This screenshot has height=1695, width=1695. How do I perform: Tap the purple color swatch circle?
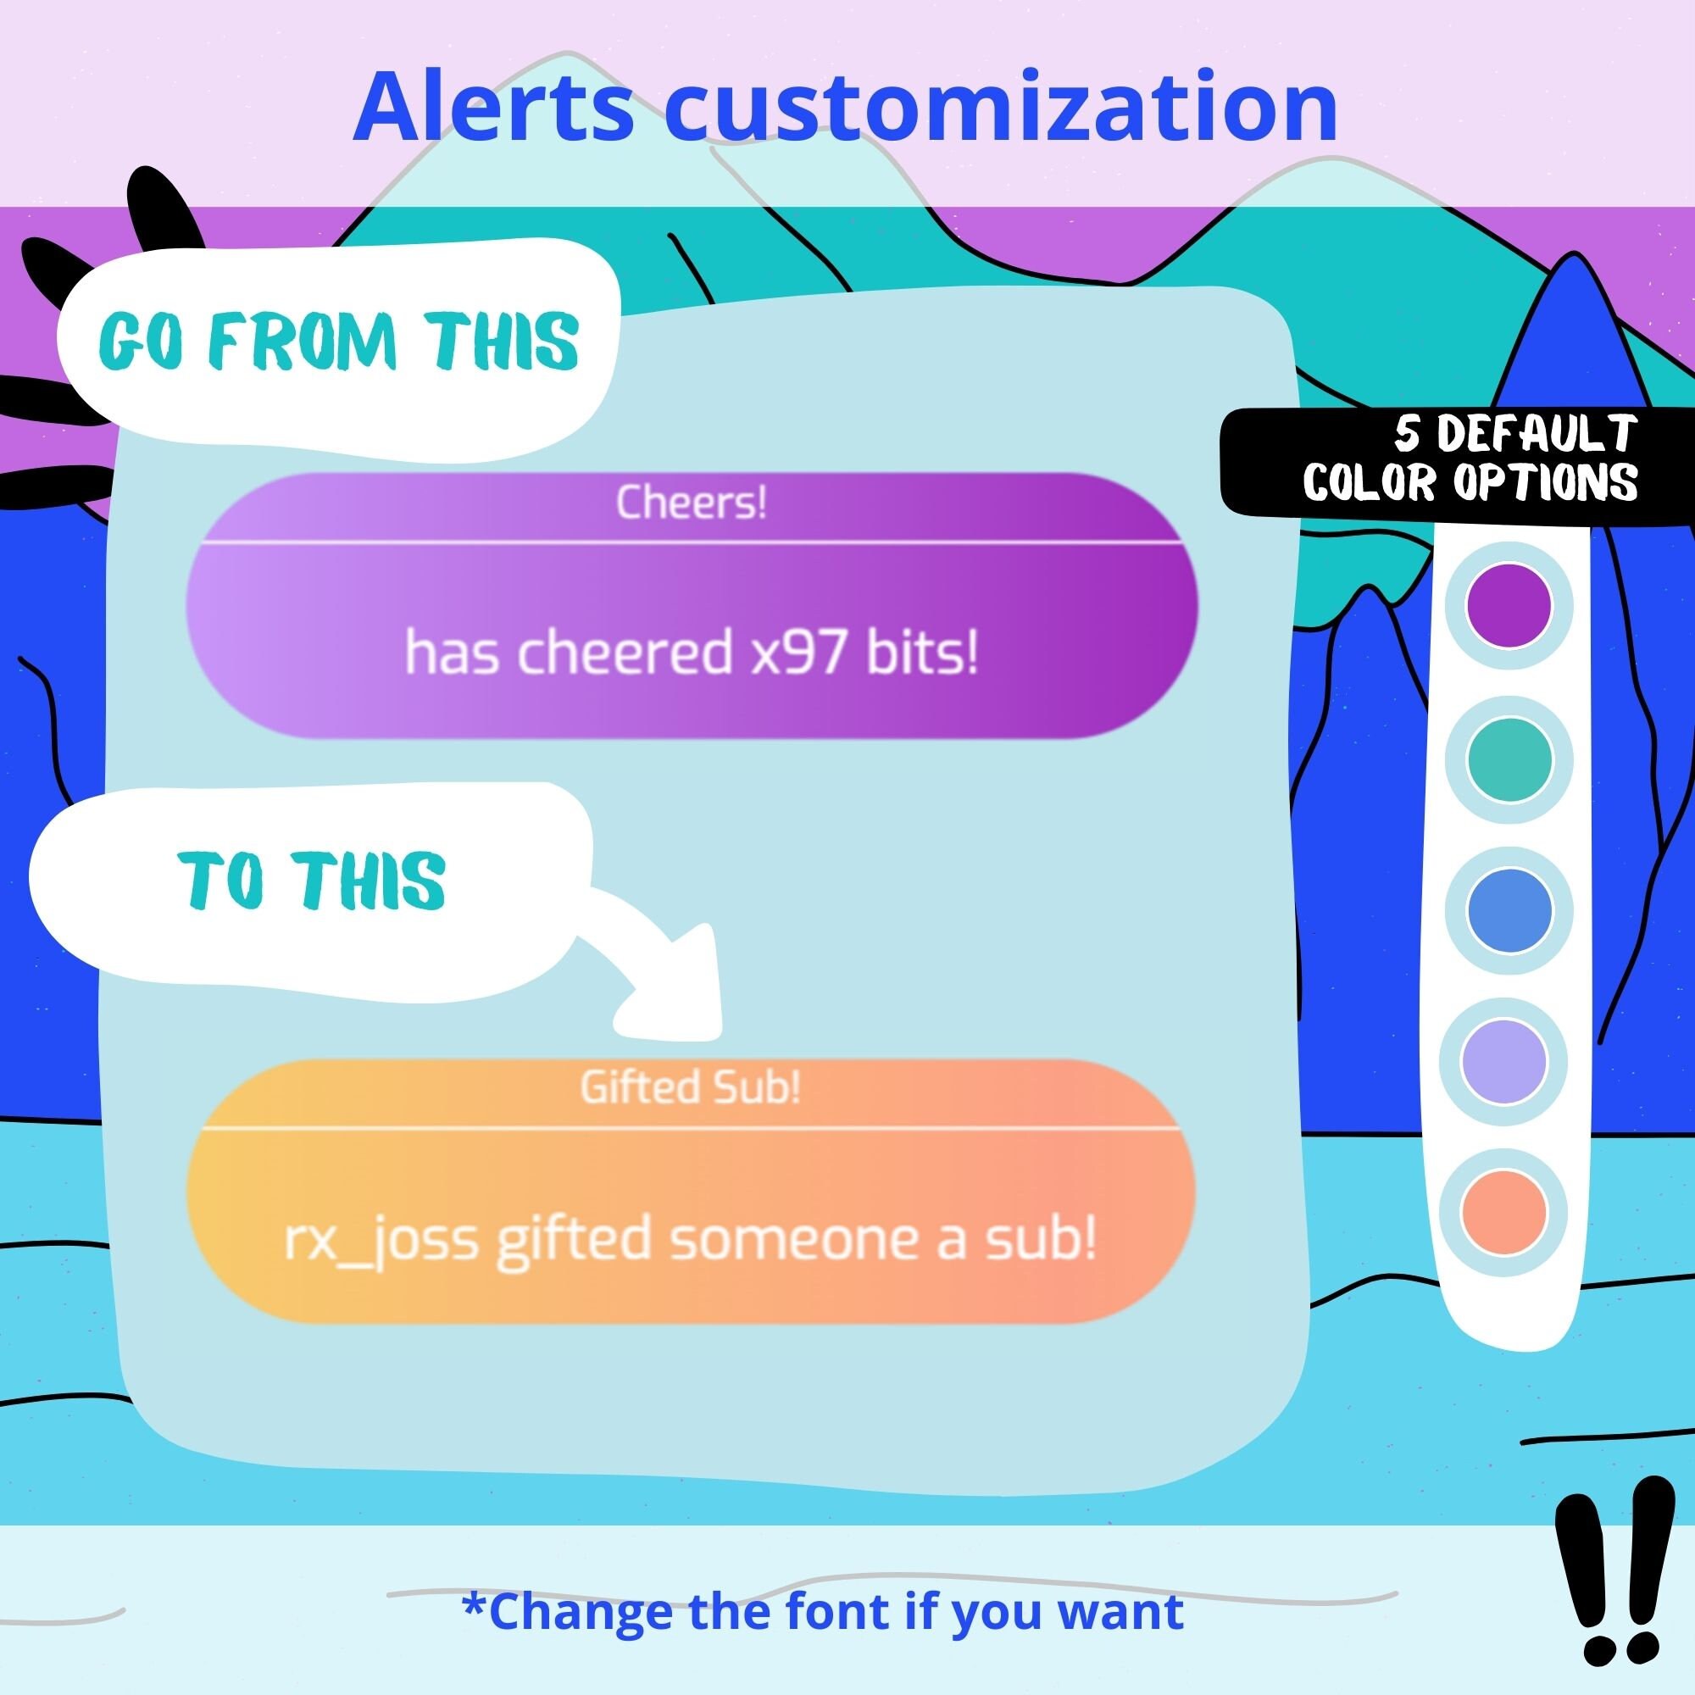(x=1509, y=606)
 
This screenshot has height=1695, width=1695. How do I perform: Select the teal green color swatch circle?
(x=1509, y=759)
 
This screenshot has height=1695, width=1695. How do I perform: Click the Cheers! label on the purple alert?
(x=692, y=503)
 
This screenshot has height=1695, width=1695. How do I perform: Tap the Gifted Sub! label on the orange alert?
(x=691, y=1088)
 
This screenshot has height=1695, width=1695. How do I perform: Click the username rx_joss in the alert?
(x=382, y=1240)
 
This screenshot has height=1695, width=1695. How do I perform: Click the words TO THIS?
(x=314, y=879)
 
